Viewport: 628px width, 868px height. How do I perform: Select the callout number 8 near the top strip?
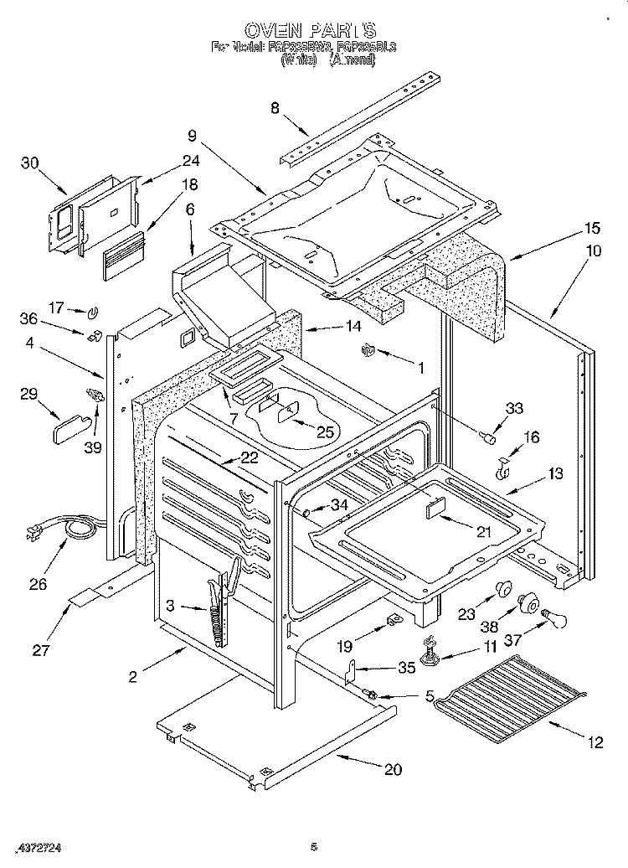pos(275,106)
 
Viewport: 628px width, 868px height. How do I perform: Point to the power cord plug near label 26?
pos(35,534)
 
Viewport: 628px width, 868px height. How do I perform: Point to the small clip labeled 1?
pos(366,350)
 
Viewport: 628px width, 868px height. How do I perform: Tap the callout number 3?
pos(171,607)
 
